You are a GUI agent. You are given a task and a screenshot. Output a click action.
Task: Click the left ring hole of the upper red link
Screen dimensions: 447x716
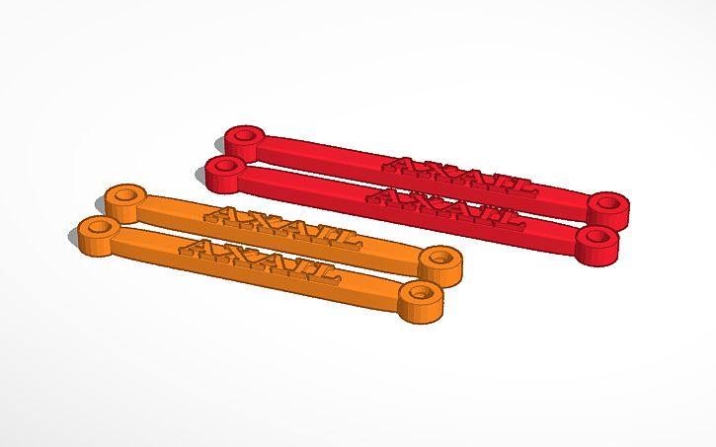click(x=243, y=134)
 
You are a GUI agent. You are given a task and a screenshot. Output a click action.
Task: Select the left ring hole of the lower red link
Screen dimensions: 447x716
click(x=226, y=166)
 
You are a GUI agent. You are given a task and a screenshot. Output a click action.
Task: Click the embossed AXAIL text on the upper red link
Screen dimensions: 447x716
click(x=458, y=175)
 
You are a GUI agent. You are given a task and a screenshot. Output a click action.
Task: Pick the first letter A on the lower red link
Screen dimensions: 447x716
click(x=386, y=195)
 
